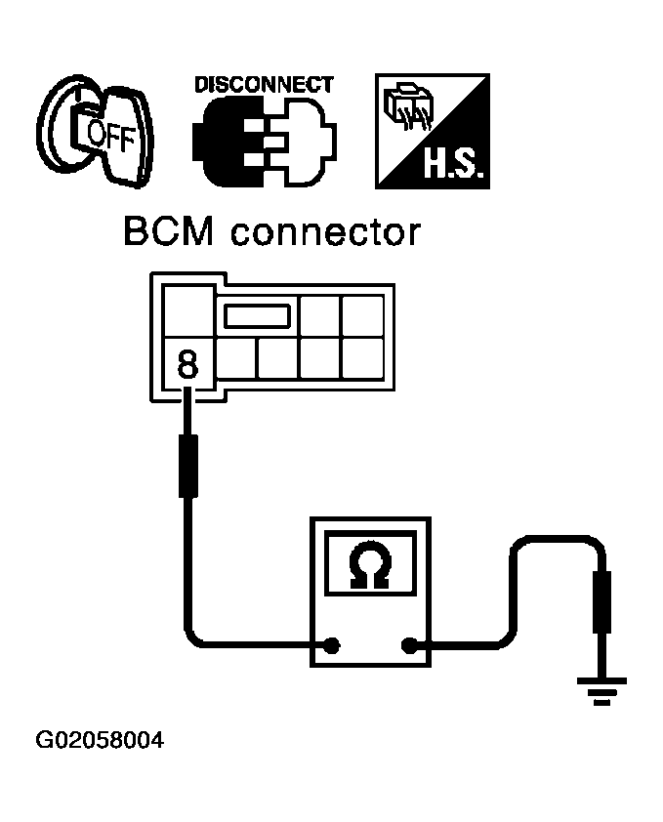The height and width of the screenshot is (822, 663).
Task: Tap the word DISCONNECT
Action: [x=264, y=85]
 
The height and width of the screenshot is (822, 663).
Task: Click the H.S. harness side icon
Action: [x=433, y=132]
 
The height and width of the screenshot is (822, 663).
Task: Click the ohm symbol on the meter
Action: [x=368, y=566]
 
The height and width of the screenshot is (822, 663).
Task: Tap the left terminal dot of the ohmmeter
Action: [x=332, y=644]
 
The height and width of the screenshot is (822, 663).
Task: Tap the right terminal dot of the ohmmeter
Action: [x=409, y=644]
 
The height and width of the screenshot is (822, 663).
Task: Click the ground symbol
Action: [x=604, y=691]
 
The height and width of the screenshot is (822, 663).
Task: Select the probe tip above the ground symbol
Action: [x=604, y=605]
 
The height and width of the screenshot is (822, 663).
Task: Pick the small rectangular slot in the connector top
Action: [x=258, y=315]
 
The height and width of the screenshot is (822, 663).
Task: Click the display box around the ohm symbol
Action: [x=368, y=565]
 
